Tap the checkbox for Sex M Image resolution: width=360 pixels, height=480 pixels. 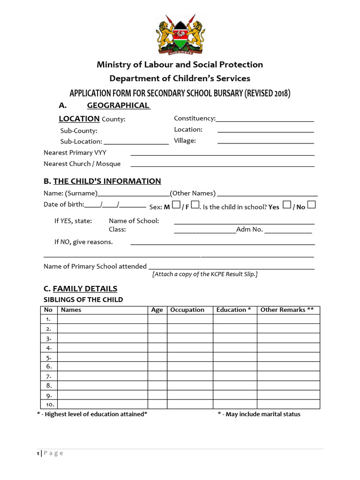(176, 205)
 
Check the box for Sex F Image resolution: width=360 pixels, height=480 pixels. (195, 205)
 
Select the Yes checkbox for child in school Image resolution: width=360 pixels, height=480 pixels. (287, 205)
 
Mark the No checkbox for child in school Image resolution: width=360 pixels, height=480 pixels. (311, 205)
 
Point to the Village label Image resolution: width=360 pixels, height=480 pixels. (185, 140)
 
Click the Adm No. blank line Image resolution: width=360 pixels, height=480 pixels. (288, 232)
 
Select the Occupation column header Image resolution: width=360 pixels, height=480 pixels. (187, 310)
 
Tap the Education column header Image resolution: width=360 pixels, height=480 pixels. (233, 310)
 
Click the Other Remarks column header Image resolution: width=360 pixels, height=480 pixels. (287, 310)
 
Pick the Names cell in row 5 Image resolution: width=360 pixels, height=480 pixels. (102, 357)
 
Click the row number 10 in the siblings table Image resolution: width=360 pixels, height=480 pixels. (49, 405)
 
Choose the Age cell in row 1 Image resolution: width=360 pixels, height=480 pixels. (157, 319)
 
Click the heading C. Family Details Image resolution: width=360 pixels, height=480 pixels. (80, 289)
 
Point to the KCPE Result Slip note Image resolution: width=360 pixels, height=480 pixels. (205, 274)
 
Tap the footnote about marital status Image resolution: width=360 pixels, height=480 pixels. (259, 414)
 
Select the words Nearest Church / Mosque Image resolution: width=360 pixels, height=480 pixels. (82, 164)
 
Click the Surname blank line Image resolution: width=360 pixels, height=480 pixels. (133, 195)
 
